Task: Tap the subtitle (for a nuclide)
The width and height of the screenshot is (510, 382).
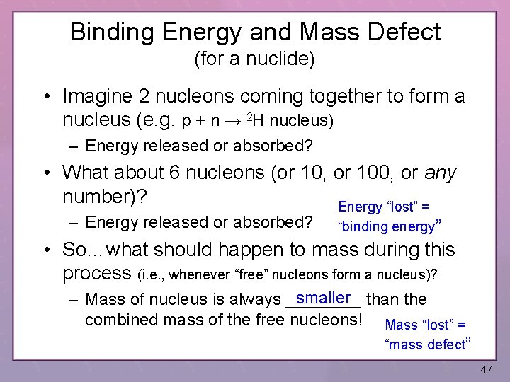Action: [254, 59]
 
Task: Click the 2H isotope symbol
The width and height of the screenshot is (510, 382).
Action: [256, 119]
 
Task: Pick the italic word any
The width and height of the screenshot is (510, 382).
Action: [441, 172]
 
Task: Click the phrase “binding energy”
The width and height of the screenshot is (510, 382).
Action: [390, 226]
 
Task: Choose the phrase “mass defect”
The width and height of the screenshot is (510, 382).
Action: [428, 345]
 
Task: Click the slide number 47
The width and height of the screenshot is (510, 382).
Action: [485, 370]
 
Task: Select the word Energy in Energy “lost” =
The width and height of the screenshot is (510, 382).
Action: [360, 207]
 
